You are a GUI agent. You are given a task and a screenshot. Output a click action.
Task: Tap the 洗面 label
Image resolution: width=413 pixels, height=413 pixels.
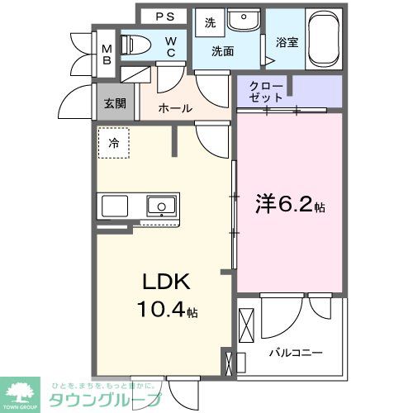pos(221,51)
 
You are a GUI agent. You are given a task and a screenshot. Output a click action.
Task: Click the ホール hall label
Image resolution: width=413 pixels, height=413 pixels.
pos(175,108)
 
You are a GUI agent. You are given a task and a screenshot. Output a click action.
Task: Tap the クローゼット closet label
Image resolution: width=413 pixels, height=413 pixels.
pos(266,90)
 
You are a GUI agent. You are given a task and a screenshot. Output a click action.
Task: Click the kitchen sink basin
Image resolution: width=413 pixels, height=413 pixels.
pos(160,205)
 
